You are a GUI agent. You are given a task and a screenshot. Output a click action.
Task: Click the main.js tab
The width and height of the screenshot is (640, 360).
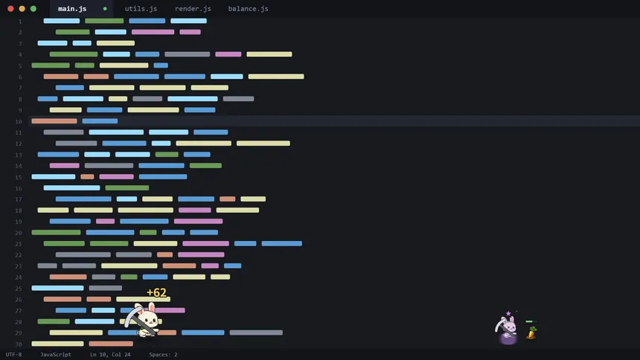[x=72, y=9]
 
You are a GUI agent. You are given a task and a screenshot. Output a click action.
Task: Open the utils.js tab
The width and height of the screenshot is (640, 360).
[x=141, y=9]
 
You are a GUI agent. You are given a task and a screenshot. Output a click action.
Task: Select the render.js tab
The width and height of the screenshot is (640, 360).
[x=193, y=9]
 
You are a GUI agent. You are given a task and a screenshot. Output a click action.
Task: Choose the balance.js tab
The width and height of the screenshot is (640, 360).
[x=248, y=9]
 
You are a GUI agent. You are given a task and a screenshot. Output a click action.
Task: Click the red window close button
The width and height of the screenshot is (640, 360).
[x=10, y=9]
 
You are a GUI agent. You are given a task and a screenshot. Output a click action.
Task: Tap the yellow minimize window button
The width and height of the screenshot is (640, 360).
[x=22, y=9]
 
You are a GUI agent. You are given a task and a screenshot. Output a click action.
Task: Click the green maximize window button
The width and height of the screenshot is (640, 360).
[x=33, y=9]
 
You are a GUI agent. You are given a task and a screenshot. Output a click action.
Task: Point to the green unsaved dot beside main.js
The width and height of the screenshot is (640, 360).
[x=105, y=9]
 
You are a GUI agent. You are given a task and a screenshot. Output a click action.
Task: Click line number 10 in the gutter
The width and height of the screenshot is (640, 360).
[x=19, y=122]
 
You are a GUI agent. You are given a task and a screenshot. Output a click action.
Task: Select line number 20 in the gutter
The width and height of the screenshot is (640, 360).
[x=19, y=233]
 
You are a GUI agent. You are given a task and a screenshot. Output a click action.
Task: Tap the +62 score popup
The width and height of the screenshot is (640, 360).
[x=156, y=292]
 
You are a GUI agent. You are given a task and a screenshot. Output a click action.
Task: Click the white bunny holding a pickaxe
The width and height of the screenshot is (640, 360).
[x=144, y=320]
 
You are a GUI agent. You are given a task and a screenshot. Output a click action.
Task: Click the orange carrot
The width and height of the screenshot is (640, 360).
[x=531, y=332]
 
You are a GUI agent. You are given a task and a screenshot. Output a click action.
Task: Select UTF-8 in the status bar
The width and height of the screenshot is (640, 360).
[x=13, y=354]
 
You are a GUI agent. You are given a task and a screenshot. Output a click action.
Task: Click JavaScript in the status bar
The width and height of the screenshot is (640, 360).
[x=56, y=354]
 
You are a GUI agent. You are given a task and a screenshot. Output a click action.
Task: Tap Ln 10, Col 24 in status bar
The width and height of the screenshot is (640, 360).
[x=110, y=354]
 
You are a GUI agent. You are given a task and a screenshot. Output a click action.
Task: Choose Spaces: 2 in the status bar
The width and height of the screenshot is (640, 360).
[x=163, y=354]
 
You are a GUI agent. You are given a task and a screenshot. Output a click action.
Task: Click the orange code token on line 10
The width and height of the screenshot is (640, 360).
[x=54, y=121]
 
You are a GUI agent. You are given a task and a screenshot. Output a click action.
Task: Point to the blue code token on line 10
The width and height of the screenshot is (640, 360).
[x=100, y=121]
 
